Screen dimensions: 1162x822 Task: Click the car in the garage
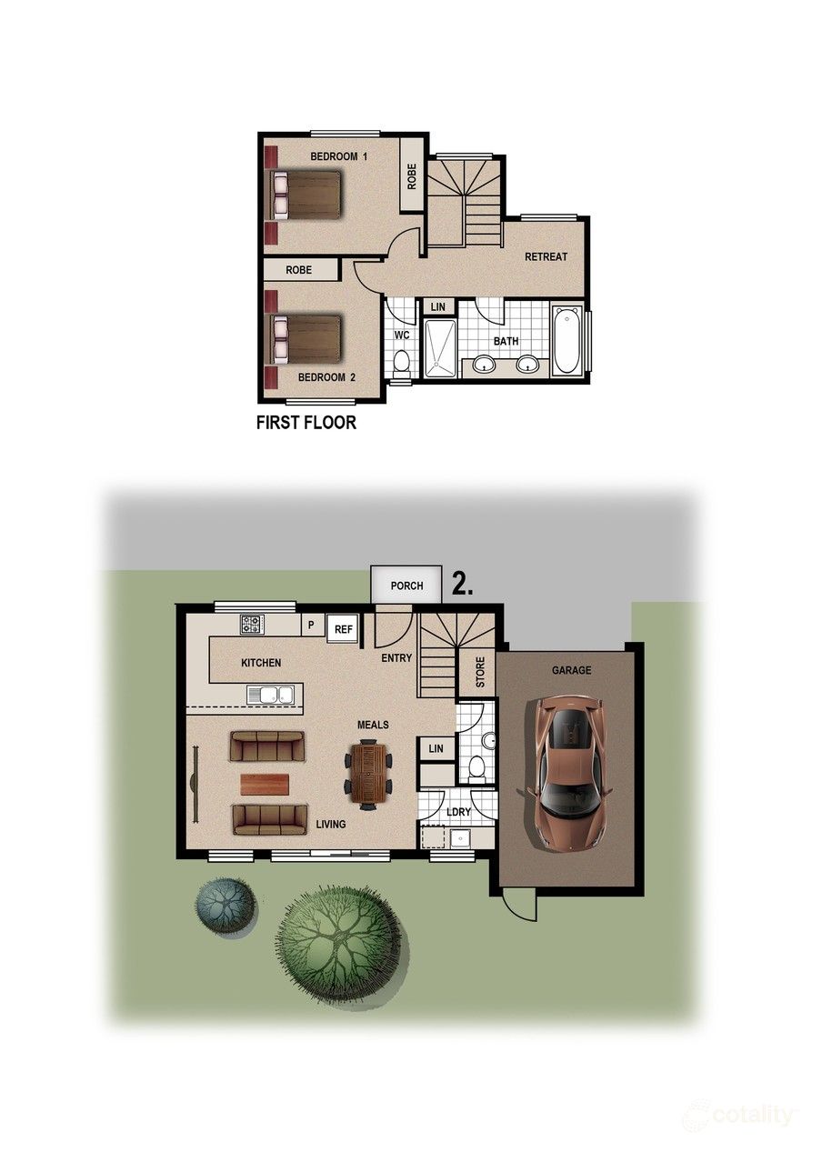pyautogui.click(x=569, y=772)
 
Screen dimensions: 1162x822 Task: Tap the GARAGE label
pyautogui.click(x=571, y=670)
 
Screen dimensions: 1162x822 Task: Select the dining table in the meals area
pyautogui.click(x=368, y=773)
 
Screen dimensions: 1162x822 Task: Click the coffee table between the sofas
pyautogui.click(x=265, y=784)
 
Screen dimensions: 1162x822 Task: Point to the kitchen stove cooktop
pyautogui.click(x=252, y=624)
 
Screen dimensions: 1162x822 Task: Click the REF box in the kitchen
pyautogui.click(x=343, y=628)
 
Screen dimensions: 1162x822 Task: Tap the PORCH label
pyautogui.click(x=406, y=586)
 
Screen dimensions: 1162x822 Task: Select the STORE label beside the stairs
pyautogui.click(x=480, y=672)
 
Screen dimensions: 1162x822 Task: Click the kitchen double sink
pyautogui.click(x=270, y=695)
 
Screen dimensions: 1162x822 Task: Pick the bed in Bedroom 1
pyautogui.click(x=307, y=195)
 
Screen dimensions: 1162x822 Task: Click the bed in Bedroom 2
pyautogui.click(x=307, y=338)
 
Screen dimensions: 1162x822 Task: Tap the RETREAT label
pyautogui.click(x=546, y=257)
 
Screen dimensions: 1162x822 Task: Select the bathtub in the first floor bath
pyautogui.click(x=566, y=340)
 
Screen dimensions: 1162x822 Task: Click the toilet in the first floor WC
pyautogui.click(x=401, y=362)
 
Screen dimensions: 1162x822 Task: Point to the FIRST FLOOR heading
pyautogui.click(x=306, y=422)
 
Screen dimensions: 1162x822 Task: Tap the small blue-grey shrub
pyautogui.click(x=223, y=906)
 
